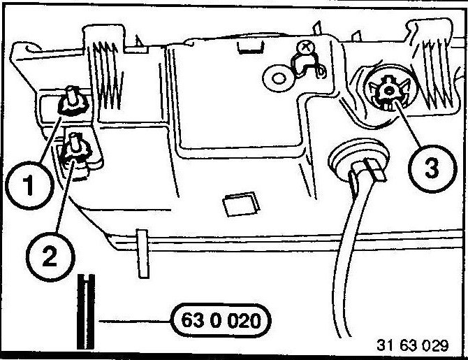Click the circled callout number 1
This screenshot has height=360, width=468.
28,186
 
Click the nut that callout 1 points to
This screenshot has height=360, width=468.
71,102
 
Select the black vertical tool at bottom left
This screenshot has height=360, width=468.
85,311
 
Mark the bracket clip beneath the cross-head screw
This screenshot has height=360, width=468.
307,66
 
